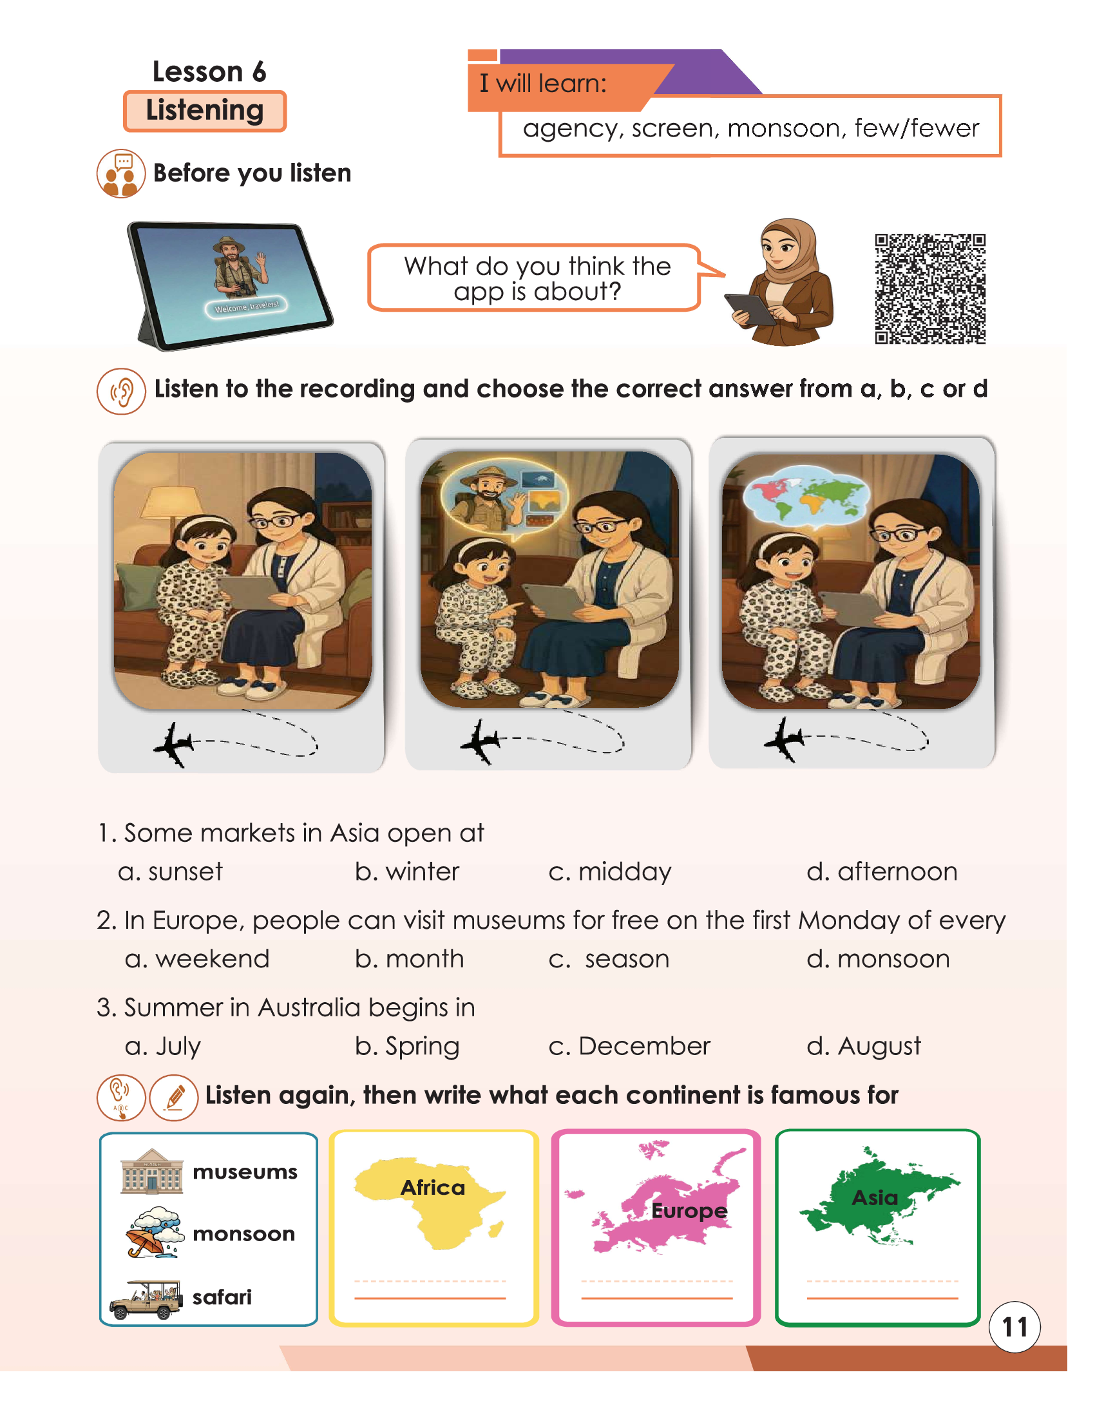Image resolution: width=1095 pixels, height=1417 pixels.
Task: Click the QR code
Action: pyautogui.click(x=929, y=289)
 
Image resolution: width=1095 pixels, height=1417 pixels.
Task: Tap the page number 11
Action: pyautogui.click(x=1014, y=1327)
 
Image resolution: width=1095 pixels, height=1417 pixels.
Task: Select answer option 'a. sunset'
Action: pyautogui.click(x=170, y=871)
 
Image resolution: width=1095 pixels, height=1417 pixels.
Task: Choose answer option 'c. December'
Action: pyautogui.click(x=629, y=1046)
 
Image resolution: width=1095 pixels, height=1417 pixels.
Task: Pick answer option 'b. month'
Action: pyautogui.click(x=409, y=958)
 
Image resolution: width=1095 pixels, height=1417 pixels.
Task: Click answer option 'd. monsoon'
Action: pyautogui.click(x=879, y=958)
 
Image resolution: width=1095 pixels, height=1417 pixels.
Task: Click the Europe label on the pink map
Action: pyautogui.click(x=689, y=1211)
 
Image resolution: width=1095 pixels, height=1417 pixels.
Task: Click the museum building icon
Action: pyautogui.click(x=152, y=1172)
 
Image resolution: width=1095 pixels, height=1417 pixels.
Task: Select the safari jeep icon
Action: pyautogui.click(x=146, y=1300)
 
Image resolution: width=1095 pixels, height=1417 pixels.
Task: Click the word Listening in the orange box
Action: pyautogui.click(x=205, y=110)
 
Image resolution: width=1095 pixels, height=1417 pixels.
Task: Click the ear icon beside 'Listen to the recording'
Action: pyautogui.click(x=121, y=391)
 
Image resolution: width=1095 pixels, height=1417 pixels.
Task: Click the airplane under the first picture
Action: pyautogui.click(x=174, y=744)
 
